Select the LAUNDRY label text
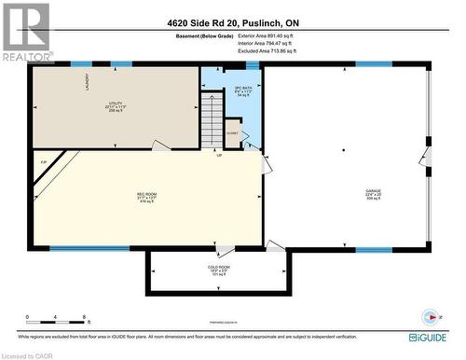coord(87,81)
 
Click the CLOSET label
coord(233,132)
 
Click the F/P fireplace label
coord(43,164)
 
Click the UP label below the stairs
coord(219,155)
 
